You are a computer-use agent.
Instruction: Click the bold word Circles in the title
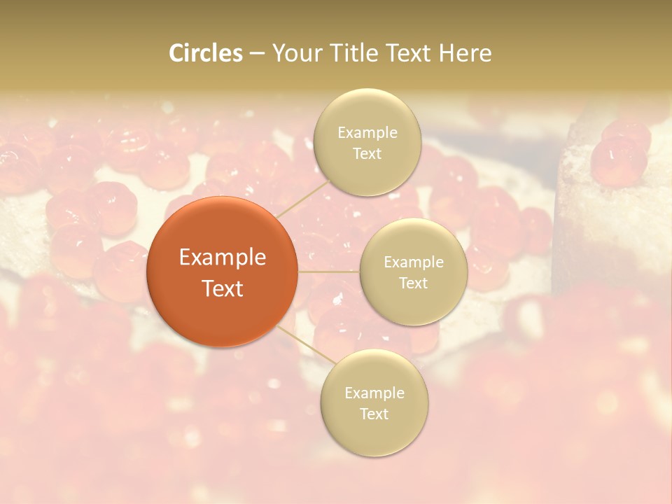point(205,53)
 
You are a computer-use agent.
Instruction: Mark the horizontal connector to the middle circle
point(329,272)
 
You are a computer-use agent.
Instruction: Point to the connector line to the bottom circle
point(308,344)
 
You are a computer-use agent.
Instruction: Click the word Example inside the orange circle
point(222,258)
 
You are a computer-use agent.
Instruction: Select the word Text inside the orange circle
point(222,288)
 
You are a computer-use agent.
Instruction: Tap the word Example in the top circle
point(367,133)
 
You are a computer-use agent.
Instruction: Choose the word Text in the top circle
point(367,154)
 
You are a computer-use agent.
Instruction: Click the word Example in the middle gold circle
point(413,262)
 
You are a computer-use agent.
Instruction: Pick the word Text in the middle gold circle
point(413,283)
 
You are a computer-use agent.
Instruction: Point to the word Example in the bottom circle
point(374,393)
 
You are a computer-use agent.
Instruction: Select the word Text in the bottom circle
point(374,414)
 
